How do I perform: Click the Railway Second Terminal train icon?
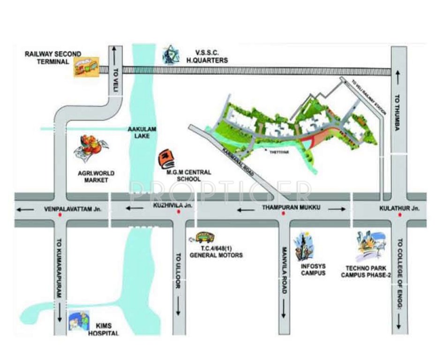[86, 67]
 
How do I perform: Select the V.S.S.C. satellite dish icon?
[171, 55]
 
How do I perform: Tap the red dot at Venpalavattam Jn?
[60, 215]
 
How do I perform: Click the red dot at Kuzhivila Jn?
[178, 213]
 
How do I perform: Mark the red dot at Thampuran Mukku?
[283, 214]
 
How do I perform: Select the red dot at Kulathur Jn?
[399, 215]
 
